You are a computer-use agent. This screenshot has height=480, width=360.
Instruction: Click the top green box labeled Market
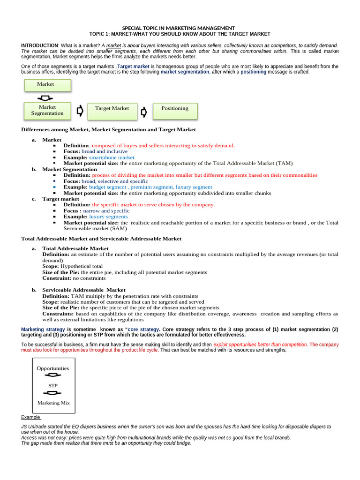click(x=47, y=85)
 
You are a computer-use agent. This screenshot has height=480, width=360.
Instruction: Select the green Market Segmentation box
click(x=47, y=111)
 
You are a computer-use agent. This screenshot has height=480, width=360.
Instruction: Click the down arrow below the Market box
click(x=45, y=98)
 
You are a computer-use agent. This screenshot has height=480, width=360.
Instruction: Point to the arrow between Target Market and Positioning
click(x=143, y=112)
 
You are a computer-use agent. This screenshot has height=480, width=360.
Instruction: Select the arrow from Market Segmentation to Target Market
click(x=80, y=111)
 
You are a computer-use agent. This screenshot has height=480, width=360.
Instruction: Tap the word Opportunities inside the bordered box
click(x=53, y=368)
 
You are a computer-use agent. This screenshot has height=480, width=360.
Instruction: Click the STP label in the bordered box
click(x=53, y=385)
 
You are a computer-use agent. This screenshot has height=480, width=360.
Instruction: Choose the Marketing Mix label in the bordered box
click(x=53, y=403)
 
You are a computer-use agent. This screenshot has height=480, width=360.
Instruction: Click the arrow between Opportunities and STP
click(x=52, y=376)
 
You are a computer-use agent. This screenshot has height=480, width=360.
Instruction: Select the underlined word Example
click(x=31, y=417)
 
